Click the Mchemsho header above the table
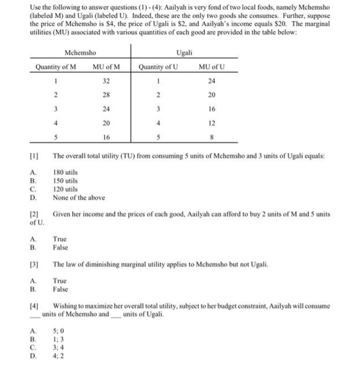point(80,53)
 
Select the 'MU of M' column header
point(106,67)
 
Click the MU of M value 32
point(106,81)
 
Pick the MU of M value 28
point(106,95)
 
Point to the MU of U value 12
point(212,123)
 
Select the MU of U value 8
point(212,138)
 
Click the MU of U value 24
point(212,81)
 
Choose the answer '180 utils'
point(65,172)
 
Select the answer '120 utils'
point(65,189)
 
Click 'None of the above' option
point(79,198)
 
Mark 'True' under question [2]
point(60,239)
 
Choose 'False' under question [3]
point(60,289)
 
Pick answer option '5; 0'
point(58,332)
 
